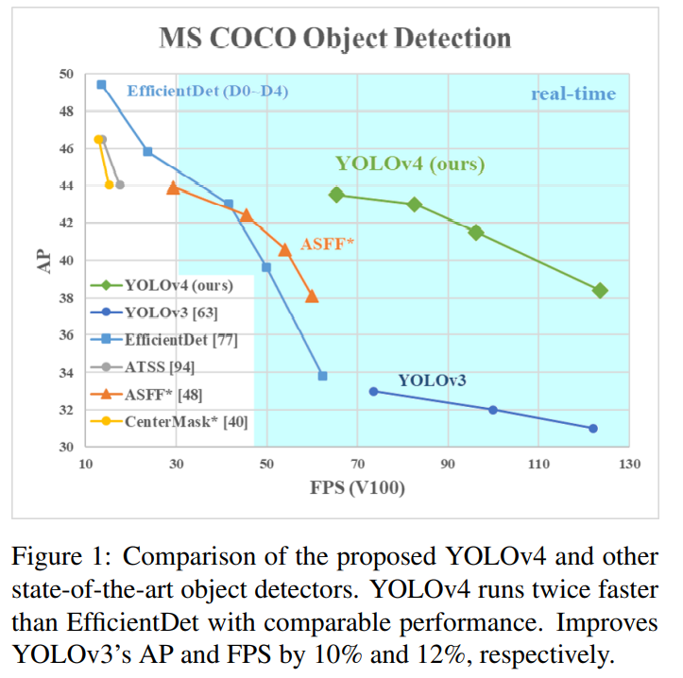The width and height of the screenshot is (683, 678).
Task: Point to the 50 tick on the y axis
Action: (x=67, y=74)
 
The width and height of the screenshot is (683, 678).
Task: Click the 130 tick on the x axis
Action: (x=629, y=465)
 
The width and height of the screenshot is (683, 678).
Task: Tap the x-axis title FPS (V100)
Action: (x=355, y=488)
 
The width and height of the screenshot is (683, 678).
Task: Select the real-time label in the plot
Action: (x=572, y=93)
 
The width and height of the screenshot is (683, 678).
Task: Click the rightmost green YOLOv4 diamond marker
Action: (x=599, y=291)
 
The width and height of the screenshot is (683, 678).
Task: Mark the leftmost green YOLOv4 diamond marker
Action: (x=337, y=195)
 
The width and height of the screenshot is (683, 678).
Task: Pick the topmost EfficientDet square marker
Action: (x=101, y=85)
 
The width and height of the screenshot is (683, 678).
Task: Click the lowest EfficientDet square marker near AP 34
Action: (x=323, y=376)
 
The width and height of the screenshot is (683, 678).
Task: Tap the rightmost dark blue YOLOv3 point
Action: (x=592, y=429)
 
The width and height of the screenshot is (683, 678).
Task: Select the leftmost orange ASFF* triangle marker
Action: (x=173, y=188)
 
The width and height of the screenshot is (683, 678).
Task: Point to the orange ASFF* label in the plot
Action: (x=327, y=245)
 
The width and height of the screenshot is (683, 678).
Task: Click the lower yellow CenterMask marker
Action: (x=110, y=184)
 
